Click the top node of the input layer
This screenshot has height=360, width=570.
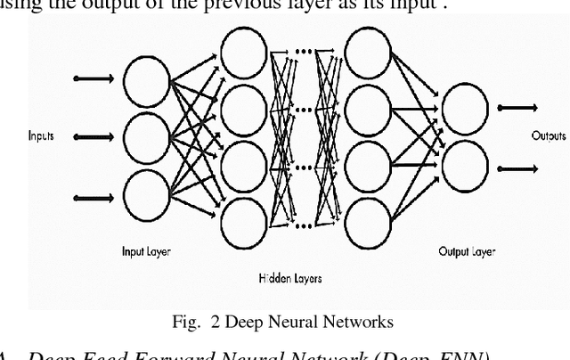(x=144, y=81)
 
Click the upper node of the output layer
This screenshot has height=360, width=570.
(x=467, y=107)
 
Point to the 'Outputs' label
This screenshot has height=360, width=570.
(x=550, y=136)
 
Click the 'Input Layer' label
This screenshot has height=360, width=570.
(x=146, y=252)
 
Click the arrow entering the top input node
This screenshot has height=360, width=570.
(x=93, y=79)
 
